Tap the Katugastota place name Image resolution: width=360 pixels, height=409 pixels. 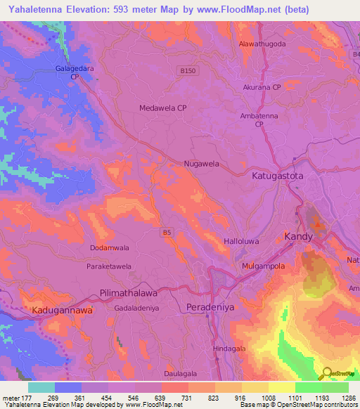click(x=278, y=176)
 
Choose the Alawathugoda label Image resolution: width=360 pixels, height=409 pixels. click(x=262, y=44)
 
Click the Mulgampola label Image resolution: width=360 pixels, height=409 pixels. click(x=262, y=267)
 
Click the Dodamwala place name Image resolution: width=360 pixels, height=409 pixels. click(x=109, y=248)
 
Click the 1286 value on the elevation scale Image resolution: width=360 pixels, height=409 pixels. click(x=348, y=397)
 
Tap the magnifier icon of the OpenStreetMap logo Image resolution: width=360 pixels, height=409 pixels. click(x=328, y=374)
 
